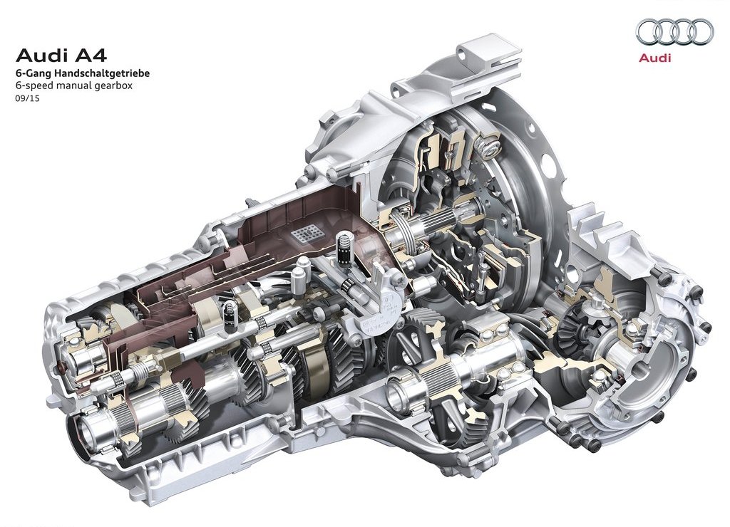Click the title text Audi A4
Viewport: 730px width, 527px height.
(x=61, y=56)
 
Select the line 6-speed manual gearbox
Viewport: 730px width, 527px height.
(x=74, y=85)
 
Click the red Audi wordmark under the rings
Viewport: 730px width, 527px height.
(x=655, y=58)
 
